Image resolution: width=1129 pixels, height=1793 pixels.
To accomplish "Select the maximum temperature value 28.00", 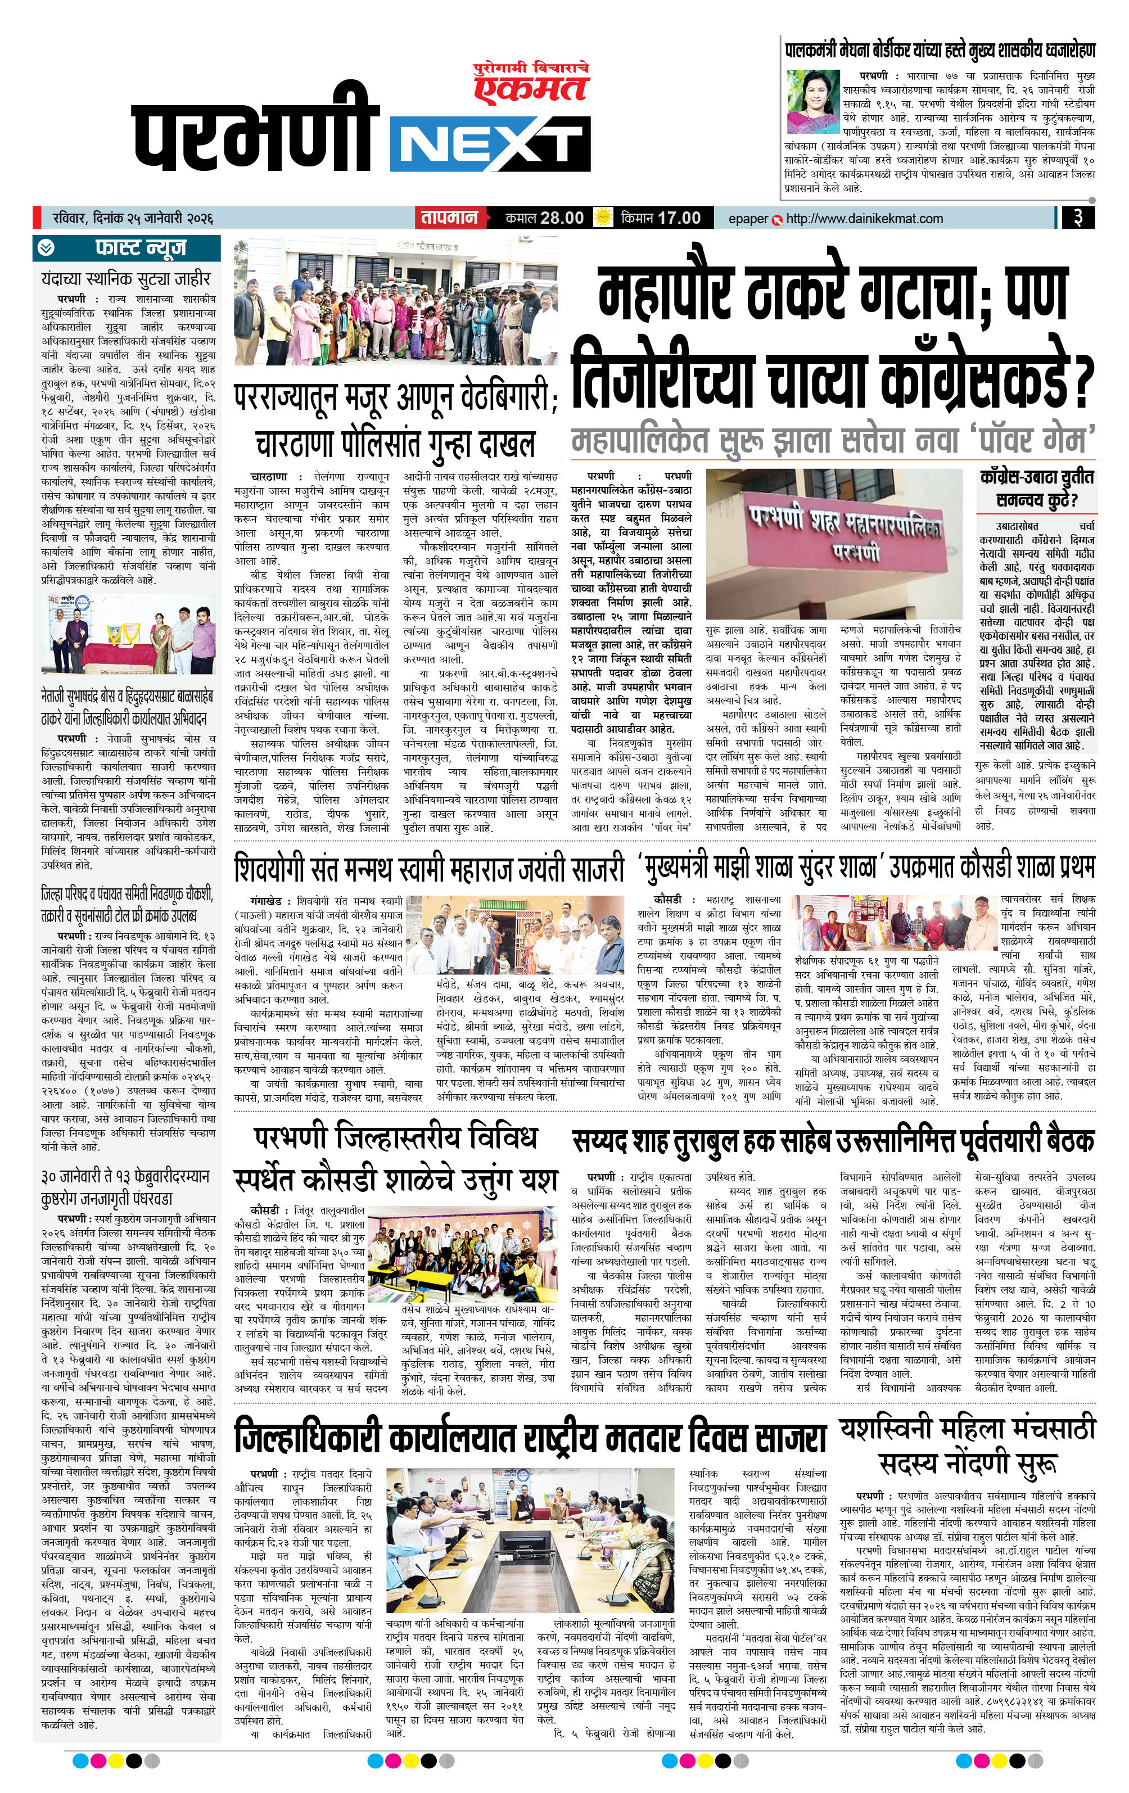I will point(562,218).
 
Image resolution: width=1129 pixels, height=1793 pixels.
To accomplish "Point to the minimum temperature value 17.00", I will point(679,218).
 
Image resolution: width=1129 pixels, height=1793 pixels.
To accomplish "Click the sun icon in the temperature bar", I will point(601,218).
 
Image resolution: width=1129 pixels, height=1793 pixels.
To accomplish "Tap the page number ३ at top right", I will point(1078,219).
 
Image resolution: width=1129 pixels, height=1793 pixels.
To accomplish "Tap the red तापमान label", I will point(448,218).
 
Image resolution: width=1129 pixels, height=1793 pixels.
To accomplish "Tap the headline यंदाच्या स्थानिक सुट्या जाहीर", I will point(127,279).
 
